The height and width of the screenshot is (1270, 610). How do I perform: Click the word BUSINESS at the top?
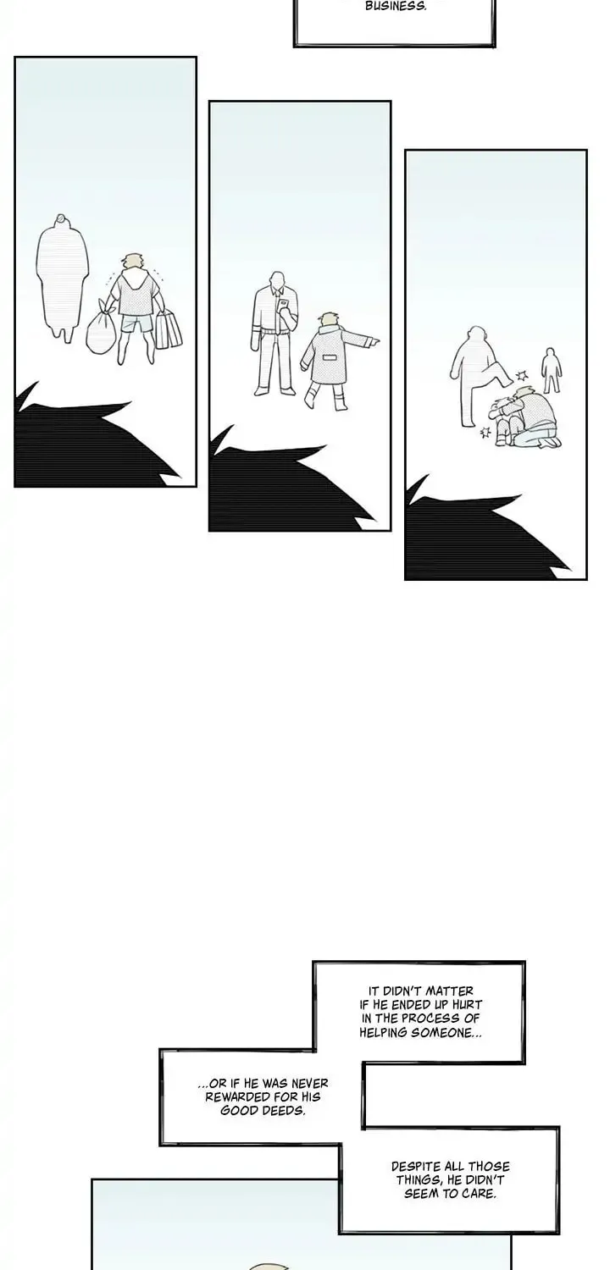pos(396,7)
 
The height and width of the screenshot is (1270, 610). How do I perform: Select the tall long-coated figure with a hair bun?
pos(63,279)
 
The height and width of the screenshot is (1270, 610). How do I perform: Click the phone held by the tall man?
pos(283,306)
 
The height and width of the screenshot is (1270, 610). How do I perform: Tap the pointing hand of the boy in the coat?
pos(373,341)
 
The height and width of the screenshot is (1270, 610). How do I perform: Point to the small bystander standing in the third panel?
pos(551,370)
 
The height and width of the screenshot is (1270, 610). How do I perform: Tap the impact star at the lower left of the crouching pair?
pos(485,433)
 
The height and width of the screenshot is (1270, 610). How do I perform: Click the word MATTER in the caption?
pos(449,991)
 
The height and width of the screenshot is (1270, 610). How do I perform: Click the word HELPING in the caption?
pos(383,1032)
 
